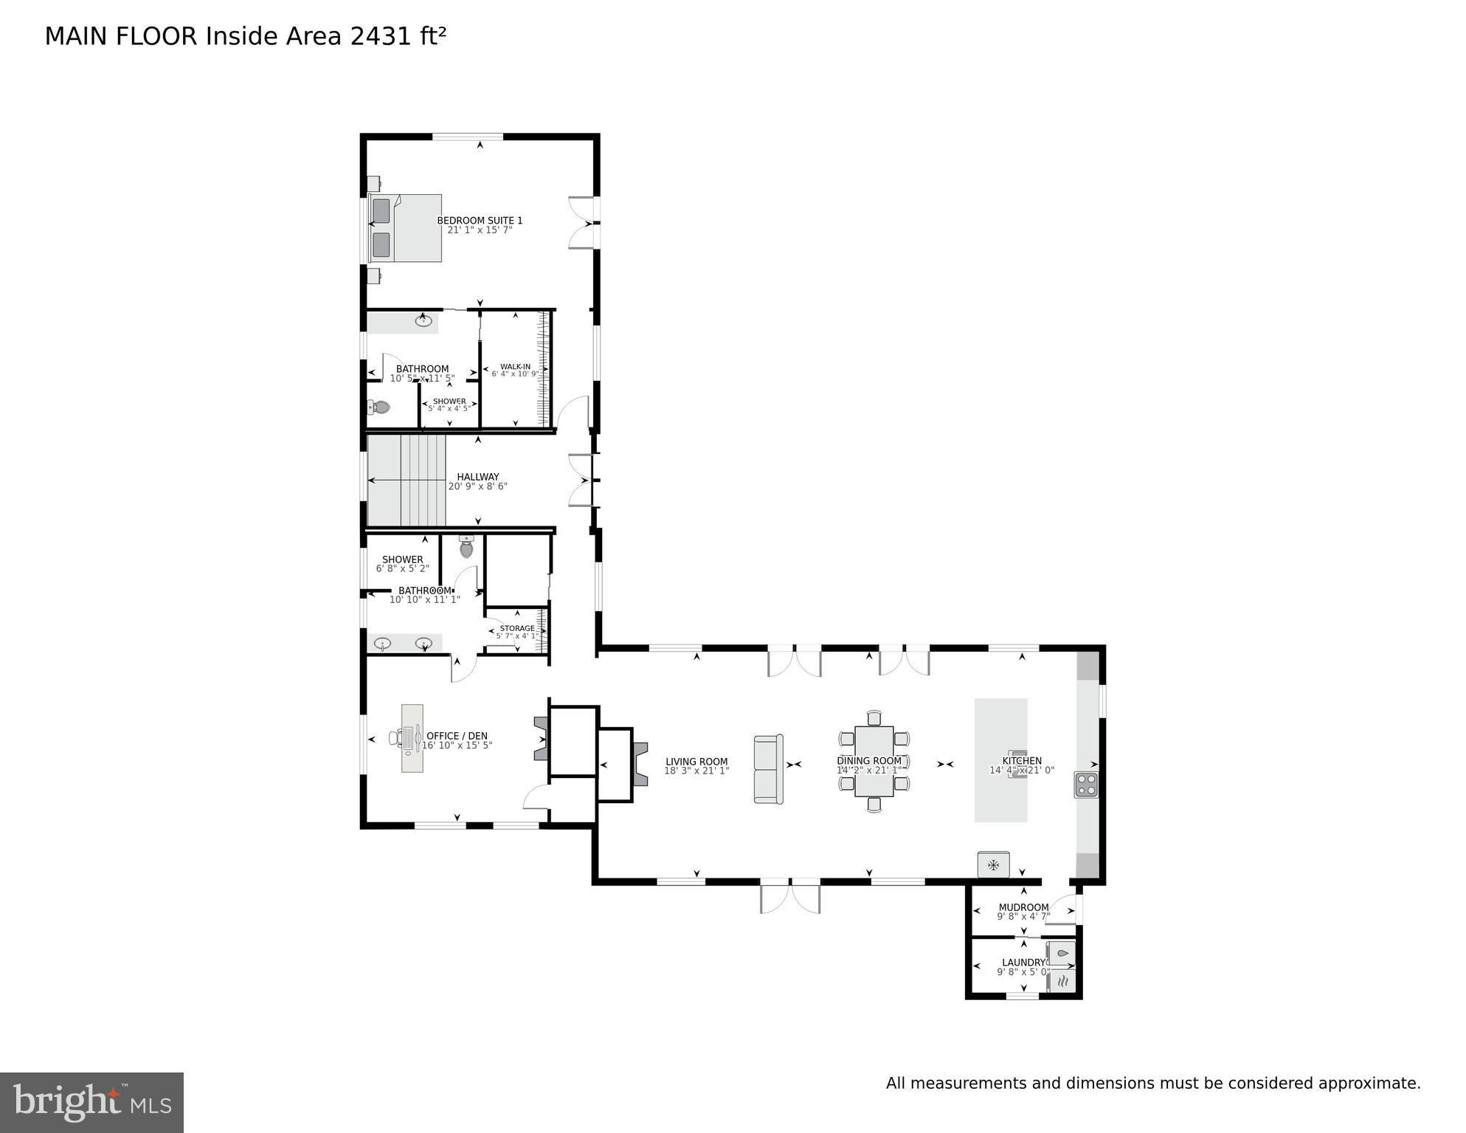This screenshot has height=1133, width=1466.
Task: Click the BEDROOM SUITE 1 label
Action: (x=480, y=221)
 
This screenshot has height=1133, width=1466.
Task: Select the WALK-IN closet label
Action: (x=515, y=367)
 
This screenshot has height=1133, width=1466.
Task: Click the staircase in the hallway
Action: (x=407, y=481)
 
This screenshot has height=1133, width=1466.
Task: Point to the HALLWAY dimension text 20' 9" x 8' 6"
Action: (x=477, y=486)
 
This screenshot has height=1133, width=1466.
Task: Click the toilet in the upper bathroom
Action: (x=379, y=407)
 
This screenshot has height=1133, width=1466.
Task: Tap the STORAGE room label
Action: (x=516, y=629)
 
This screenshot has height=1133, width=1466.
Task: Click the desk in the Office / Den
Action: (x=412, y=738)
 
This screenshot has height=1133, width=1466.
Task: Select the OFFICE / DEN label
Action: (x=457, y=736)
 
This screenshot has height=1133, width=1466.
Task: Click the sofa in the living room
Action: (x=768, y=768)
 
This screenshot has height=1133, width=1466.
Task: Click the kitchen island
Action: (x=1000, y=760)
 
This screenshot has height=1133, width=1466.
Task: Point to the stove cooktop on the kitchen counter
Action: (x=1086, y=785)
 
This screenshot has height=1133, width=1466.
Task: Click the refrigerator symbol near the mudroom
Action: (x=993, y=864)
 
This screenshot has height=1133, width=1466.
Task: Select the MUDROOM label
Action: (x=1023, y=907)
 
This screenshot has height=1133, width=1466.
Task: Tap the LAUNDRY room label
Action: (x=1023, y=962)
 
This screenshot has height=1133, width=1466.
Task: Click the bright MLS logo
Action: (x=91, y=1103)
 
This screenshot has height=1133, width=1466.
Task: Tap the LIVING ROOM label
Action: (x=696, y=762)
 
